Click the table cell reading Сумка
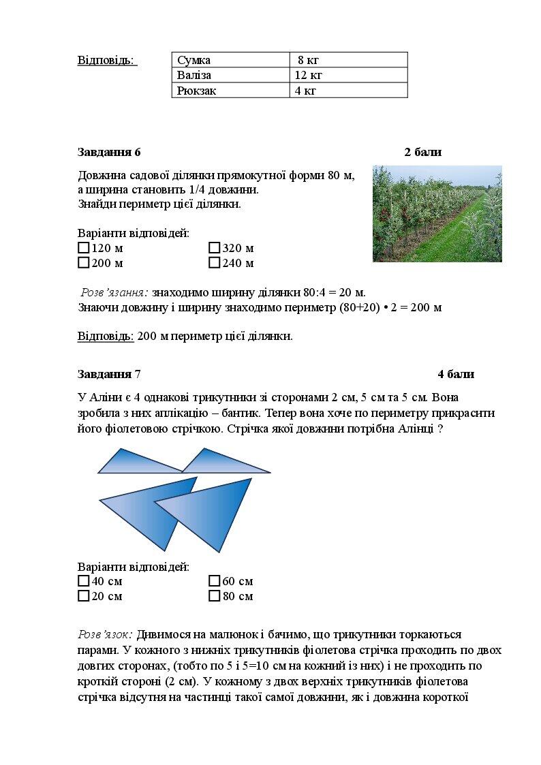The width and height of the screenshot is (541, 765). coord(231,60)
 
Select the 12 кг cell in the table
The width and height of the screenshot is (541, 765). coord(348,75)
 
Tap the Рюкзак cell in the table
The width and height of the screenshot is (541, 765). coord(231,90)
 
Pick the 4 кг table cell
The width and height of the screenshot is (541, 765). coord(348,90)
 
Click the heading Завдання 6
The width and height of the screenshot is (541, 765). coord(109,152)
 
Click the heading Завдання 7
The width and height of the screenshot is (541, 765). coord(109,374)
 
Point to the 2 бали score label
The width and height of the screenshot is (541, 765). coord(422,152)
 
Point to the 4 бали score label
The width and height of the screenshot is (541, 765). coord(456,374)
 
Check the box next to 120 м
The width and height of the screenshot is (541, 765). coord(84,248)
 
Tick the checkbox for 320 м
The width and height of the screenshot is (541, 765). coord(215,248)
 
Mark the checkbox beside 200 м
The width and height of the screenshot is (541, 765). coord(84,263)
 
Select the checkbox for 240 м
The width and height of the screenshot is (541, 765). coord(215,263)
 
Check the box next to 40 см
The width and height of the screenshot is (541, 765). coord(84,581)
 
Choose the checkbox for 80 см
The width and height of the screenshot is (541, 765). coord(215,596)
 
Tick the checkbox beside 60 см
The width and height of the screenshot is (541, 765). coord(215,581)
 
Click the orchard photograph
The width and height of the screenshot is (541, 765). coord(437,213)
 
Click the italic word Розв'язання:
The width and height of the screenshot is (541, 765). coord(114,292)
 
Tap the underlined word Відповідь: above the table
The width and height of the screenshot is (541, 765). coord(107,60)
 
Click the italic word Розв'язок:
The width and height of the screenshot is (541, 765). coord(105,635)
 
